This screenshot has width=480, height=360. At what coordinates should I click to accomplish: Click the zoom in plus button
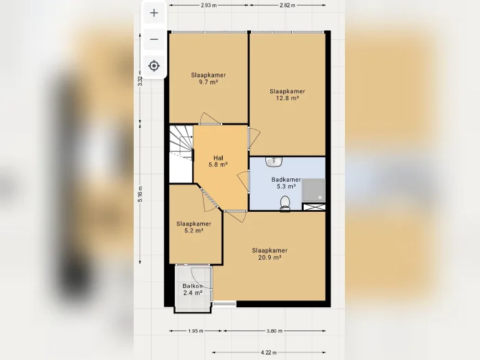coord(154,13)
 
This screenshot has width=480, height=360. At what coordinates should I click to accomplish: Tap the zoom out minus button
coord(154,40)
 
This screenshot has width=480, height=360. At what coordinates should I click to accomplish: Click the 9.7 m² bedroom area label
coord(208,78)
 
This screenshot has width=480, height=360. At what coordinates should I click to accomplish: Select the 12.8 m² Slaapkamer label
coord(287,95)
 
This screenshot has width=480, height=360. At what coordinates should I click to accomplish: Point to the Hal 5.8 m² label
coord(218,161)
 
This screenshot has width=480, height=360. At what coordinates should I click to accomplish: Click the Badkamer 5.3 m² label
coord(286,183)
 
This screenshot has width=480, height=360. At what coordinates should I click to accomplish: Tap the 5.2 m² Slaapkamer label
coord(194,227)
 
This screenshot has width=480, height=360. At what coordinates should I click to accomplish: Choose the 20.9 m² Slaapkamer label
coord(269,254)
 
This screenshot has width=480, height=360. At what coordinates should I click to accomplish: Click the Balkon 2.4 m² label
coord(193,289)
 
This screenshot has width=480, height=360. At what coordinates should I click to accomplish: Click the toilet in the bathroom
coord(285,204)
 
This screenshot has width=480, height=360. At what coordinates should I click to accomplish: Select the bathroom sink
coord(274,162)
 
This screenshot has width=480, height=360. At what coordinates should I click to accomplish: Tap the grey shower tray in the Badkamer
coord(313,190)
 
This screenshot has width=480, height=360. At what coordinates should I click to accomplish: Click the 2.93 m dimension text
coord(208,5)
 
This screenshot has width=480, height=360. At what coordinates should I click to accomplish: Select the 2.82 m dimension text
coord(287,5)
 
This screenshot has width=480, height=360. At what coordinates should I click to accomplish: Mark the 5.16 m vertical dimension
coord(140,194)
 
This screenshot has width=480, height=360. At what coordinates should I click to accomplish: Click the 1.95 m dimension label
coord(195,331)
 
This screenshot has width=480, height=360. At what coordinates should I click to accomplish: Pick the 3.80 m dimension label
coord(274,331)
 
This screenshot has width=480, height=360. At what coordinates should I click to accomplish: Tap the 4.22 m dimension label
coord(269,352)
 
